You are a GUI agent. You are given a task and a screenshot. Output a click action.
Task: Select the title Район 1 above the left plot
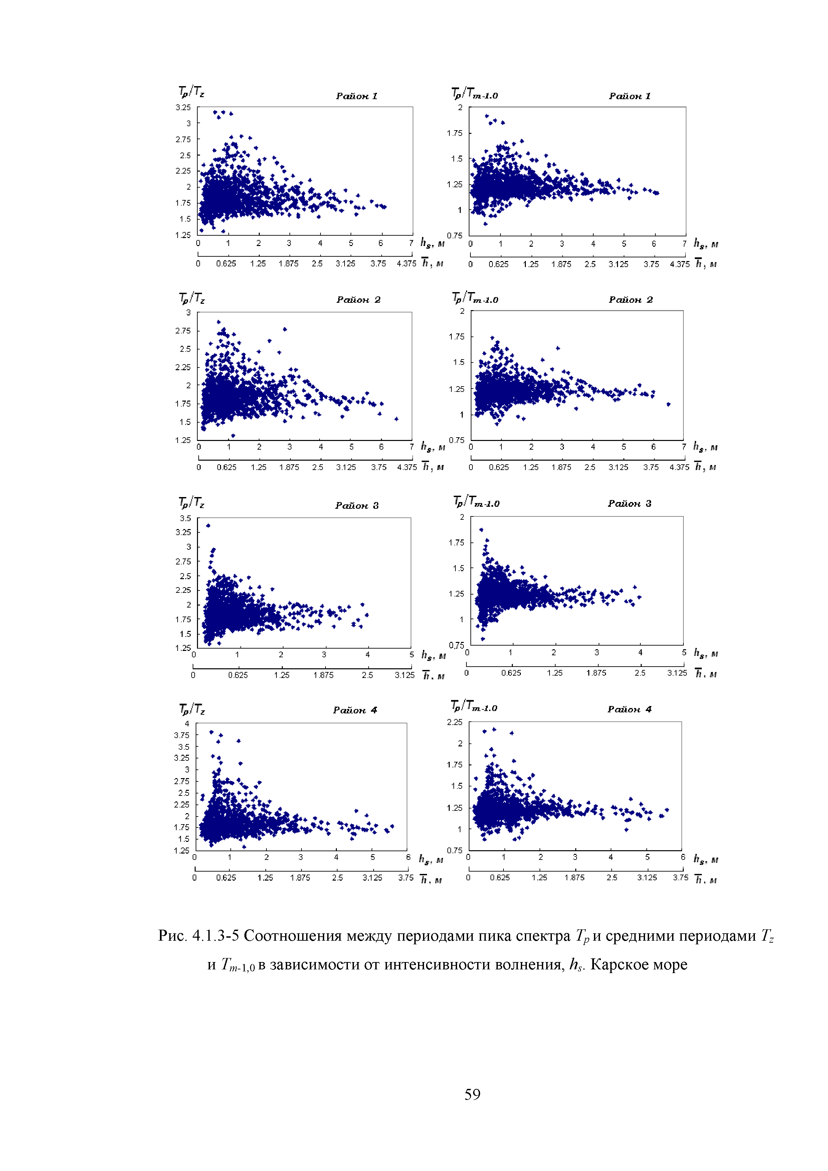pyautogui.click(x=357, y=96)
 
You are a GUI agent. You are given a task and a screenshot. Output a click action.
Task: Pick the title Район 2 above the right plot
pyautogui.click(x=631, y=300)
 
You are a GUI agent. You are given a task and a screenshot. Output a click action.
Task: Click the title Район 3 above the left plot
pyautogui.click(x=357, y=505)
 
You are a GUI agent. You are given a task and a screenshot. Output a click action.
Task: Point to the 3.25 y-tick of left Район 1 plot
pyautogui.click(x=183, y=107)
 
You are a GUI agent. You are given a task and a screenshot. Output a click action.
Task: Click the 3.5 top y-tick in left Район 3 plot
pyautogui.click(x=185, y=518)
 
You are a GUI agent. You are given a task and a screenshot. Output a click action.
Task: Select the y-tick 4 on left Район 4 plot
pyautogui.click(x=187, y=724)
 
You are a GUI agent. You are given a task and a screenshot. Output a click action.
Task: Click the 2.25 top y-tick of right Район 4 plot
pyautogui.click(x=454, y=722)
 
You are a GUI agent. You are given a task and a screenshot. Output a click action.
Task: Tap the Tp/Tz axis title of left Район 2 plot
pyautogui.click(x=192, y=298)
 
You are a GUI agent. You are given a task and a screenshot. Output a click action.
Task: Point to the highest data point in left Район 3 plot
pyautogui.click(x=208, y=525)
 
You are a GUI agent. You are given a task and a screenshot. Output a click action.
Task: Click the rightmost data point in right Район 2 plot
pyautogui.click(x=668, y=405)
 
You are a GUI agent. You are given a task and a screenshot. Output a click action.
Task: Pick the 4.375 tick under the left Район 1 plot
pyautogui.click(x=407, y=264)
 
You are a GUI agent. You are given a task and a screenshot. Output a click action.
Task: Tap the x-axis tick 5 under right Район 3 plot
pyautogui.click(x=684, y=652)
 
